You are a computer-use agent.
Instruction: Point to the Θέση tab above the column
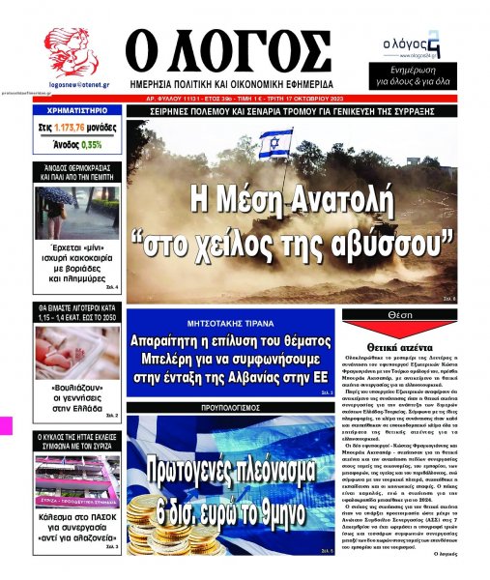(399, 315)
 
